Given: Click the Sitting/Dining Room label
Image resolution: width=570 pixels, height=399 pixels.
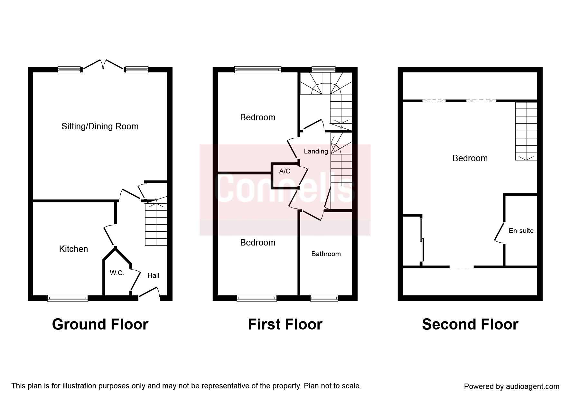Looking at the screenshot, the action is click(x=100, y=126).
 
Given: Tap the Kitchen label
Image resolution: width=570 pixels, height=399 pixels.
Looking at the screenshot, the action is click(x=73, y=249).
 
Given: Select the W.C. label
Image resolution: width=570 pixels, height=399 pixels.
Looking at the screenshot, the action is click(x=117, y=273).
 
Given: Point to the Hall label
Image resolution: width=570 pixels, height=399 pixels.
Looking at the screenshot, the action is click(x=153, y=275).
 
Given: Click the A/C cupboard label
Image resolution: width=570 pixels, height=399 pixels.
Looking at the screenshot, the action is click(x=285, y=171).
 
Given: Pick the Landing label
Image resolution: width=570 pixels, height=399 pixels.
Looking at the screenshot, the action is click(x=316, y=151).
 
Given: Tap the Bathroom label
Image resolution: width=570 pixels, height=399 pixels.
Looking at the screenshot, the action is click(x=326, y=254).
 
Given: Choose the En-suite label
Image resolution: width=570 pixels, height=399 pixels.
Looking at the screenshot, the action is click(x=521, y=231).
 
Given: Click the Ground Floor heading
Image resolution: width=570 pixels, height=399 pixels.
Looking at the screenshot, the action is click(x=100, y=324).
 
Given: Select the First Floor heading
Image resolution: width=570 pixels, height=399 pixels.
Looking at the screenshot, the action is click(x=285, y=324).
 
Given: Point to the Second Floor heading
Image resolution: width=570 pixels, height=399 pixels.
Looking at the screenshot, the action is click(x=470, y=324).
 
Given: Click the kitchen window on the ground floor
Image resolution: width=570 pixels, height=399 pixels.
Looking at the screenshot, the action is click(x=68, y=298).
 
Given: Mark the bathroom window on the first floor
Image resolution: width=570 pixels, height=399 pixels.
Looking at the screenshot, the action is click(x=324, y=298).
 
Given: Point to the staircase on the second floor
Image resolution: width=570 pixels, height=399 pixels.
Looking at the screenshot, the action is click(x=526, y=131).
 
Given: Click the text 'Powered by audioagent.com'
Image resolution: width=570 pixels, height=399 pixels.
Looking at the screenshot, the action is click(x=512, y=386).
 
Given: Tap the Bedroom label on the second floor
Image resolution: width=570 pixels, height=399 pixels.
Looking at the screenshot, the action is click(x=470, y=158).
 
